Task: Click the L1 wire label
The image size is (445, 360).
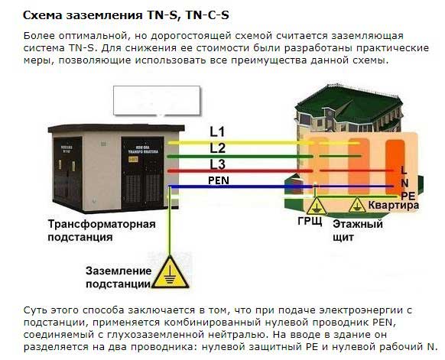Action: click(x=217, y=132)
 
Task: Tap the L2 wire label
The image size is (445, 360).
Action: click(x=218, y=148)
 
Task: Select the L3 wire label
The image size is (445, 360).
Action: click(x=218, y=164)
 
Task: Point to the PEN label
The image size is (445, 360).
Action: click(x=219, y=180)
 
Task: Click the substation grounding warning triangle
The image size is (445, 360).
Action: click(x=171, y=273)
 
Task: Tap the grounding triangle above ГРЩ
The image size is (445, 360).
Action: click(x=316, y=206)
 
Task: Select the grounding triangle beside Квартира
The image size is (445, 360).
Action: click(x=357, y=205)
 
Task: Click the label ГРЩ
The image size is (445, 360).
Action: click(x=310, y=221)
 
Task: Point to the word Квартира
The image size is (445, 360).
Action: click(x=394, y=205)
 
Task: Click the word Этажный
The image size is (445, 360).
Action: click(x=358, y=224)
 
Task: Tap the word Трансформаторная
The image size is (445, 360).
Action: click(x=102, y=224)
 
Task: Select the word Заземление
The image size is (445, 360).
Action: click(x=119, y=271)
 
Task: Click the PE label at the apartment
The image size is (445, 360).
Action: click(x=408, y=196)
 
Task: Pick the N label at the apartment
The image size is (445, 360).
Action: click(x=404, y=183)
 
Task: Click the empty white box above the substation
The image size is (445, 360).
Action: click(x=157, y=101)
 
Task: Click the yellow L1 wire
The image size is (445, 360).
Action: click(x=264, y=143)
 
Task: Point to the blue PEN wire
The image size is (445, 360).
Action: click(x=281, y=186)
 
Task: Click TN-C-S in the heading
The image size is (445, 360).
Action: click(x=207, y=15)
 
